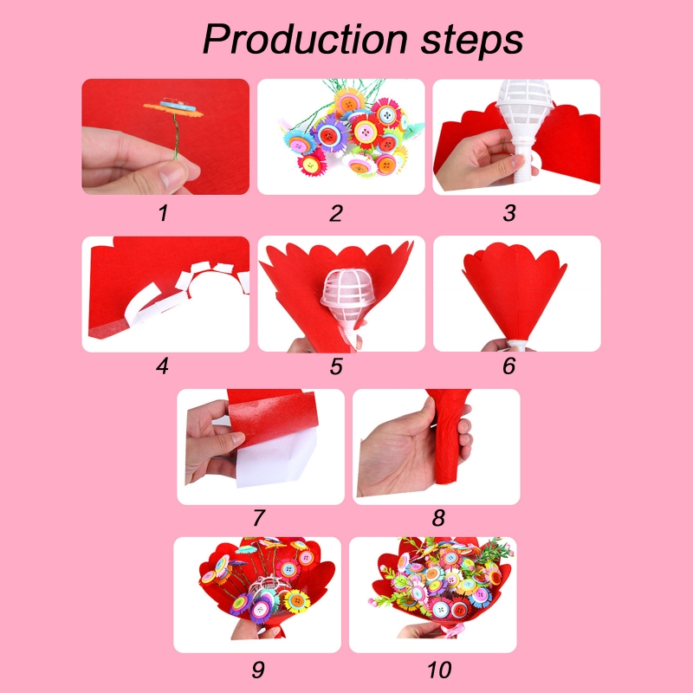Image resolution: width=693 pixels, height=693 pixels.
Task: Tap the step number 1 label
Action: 162,213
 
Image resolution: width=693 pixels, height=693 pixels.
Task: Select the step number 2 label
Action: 336,213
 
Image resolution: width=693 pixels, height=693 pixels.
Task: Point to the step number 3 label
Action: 509,213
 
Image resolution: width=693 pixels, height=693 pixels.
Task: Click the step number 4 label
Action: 162,366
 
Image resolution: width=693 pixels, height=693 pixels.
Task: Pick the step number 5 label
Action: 336,366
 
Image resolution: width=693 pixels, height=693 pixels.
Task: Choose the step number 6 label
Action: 509,366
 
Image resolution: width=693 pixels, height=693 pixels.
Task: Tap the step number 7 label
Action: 258,518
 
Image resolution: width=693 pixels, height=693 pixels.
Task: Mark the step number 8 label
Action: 438,518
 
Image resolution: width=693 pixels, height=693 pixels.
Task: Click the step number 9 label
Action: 258,669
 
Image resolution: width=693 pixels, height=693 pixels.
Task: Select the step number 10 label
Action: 438,669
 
